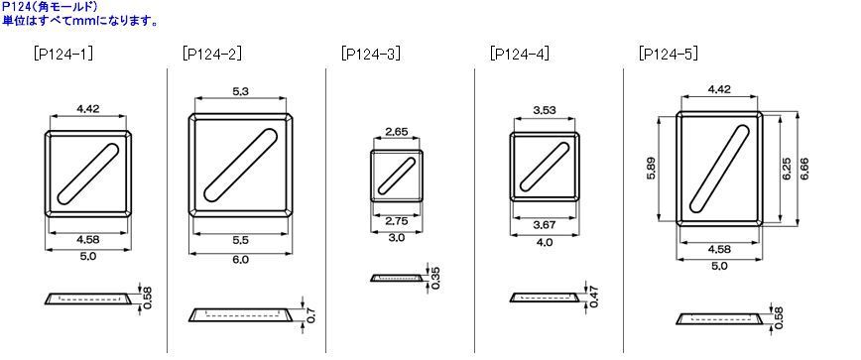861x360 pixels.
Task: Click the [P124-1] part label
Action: [62, 54]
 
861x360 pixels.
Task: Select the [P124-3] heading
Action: [371, 54]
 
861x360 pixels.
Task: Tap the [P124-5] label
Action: [669, 54]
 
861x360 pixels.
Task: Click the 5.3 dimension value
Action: [240, 91]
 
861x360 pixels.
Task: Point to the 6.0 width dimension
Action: [240, 260]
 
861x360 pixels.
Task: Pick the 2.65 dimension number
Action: [397, 131]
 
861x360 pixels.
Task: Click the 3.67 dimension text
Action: [544, 224]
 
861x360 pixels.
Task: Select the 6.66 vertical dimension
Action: [806, 168]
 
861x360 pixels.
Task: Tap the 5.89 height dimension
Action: [651, 168]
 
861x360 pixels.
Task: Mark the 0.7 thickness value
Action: [311, 315]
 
